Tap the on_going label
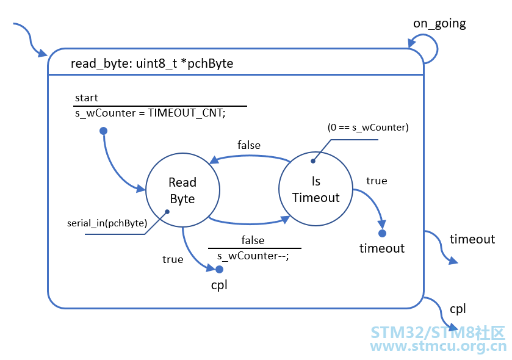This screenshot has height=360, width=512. point(439,24)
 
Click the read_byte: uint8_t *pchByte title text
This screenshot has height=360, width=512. point(152,63)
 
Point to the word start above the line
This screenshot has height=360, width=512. point(87,98)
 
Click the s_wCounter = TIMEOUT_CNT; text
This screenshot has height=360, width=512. point(150,113)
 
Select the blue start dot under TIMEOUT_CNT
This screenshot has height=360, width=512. point(104,131)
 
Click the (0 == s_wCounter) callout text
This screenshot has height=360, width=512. point(368,128)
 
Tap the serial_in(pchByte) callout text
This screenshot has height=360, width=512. point(107,223)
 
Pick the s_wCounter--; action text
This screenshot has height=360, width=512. point(253,256)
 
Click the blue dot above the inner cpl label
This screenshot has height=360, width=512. point(220,269)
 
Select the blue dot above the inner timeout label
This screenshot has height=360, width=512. point(383,233)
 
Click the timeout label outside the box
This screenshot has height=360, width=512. point(472,239)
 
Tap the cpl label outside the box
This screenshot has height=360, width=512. point(458,309)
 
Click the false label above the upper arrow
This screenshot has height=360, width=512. point(249,145)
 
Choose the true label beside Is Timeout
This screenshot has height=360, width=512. point(377,181)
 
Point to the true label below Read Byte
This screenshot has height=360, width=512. point(173,259)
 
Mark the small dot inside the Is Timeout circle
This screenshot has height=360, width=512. point(313,161)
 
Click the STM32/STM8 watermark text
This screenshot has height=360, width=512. point(438,333)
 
